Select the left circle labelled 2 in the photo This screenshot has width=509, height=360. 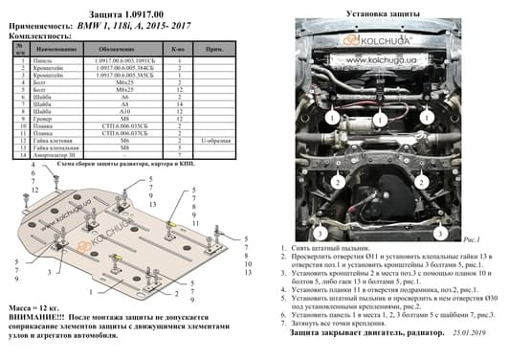click(337, 181)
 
